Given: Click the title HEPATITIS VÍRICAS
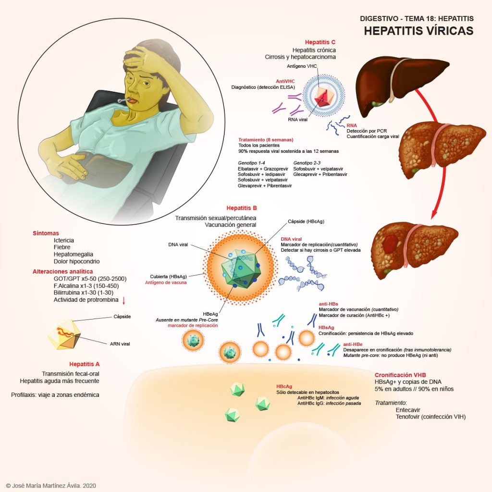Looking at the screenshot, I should click(418, 31).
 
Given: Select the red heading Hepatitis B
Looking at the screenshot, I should click(242, 208).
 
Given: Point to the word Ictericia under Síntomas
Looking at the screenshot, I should click(64, 240).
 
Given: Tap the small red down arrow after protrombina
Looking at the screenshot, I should click(124, 301).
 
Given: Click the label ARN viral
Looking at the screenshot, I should click(120, 344).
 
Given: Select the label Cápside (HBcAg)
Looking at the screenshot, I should click(307, 221).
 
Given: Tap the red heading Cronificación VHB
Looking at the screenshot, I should click(400, 375).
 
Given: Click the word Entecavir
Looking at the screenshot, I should click(409, 410).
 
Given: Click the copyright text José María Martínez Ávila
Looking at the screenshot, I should click(51, 486).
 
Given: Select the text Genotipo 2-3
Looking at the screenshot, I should click(307, 163).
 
